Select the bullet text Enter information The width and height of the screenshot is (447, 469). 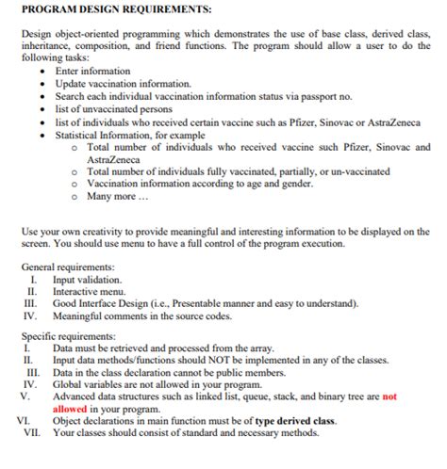(92, 71)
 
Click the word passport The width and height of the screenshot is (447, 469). (325, 96)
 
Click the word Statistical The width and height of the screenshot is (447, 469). (80, 135)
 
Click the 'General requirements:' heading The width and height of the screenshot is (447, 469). (69, 267)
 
